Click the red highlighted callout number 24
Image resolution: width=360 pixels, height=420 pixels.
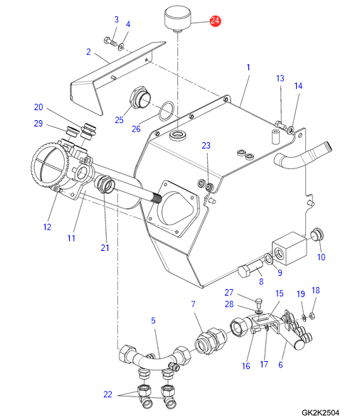coord(215,21)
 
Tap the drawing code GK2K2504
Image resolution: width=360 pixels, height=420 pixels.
coord(320,413)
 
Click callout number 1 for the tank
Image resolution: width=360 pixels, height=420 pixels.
coord(248,68)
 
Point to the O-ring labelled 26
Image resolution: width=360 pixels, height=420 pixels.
coord(166,111)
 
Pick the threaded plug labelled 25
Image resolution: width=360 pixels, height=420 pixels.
coord(140,97)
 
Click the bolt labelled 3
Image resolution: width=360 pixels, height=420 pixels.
coord(110,41)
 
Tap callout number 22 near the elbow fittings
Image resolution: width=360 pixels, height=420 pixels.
coord(107,394)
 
